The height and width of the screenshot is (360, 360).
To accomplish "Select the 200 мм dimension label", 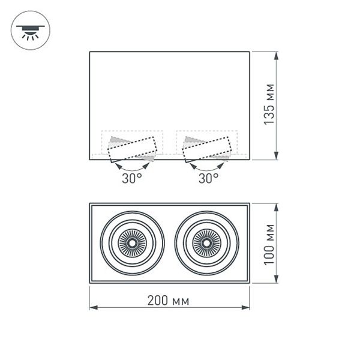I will pos(169,300).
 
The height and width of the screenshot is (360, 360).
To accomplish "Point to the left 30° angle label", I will pos(132,178).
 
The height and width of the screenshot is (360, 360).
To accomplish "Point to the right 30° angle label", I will pos(208,178).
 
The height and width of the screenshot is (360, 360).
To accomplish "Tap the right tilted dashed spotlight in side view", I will pos(208,149).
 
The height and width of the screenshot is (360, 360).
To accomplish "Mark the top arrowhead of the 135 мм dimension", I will pos(277,56).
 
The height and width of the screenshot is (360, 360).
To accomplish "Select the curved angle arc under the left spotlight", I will pos(132,167).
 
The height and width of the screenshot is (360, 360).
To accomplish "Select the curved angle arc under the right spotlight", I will pos(208,167).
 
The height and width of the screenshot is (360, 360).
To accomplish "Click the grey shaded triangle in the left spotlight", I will pos(118,141).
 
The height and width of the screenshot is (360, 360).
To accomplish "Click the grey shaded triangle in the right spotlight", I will pos(194,141).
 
